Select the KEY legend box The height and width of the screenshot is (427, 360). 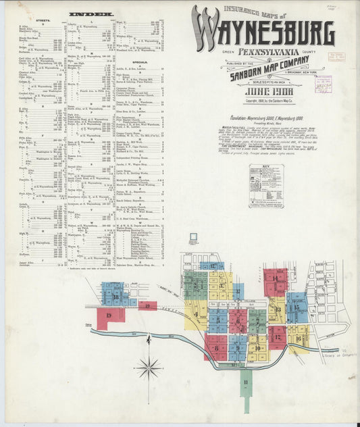[266, 185]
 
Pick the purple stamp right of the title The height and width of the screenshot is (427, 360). [322, 84]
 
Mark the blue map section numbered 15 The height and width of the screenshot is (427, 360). [297, 307]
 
